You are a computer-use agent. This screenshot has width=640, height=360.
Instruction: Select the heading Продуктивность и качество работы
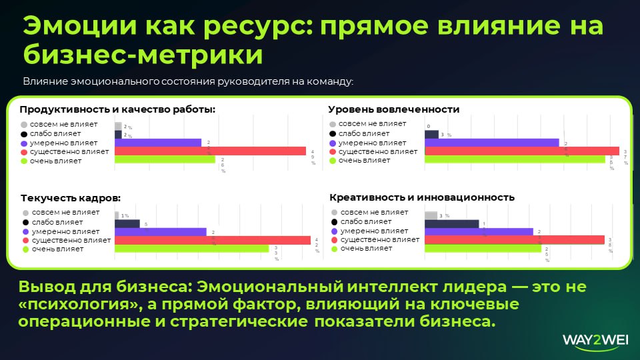[117, 109]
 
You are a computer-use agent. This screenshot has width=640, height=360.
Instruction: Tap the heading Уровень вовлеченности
[393, 109]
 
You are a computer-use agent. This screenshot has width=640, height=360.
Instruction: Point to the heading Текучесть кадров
[71, 198]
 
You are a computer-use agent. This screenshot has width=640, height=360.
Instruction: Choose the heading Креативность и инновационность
[422, 197]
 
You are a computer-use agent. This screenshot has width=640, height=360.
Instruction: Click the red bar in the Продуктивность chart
[210, 151]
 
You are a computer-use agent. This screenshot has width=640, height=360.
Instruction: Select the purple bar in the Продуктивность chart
[158, 143]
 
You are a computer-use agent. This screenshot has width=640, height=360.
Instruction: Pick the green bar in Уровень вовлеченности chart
[515, 159]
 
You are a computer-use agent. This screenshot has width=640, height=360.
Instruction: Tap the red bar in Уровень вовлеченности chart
[522, 151]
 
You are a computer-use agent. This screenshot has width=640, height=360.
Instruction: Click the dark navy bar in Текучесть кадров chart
[127, 224]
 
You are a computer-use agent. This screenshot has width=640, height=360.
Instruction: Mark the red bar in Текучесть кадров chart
[213, 240]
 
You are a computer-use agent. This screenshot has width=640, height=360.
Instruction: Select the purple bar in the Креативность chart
[479, 232]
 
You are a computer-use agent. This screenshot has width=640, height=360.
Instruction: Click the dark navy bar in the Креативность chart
[452, 224]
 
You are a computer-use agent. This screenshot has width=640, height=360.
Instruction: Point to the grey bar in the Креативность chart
[431, 215]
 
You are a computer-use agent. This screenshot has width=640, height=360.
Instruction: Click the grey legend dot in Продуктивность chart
[24, 125]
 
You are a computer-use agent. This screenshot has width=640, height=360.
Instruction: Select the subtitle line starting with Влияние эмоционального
[187, 81]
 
